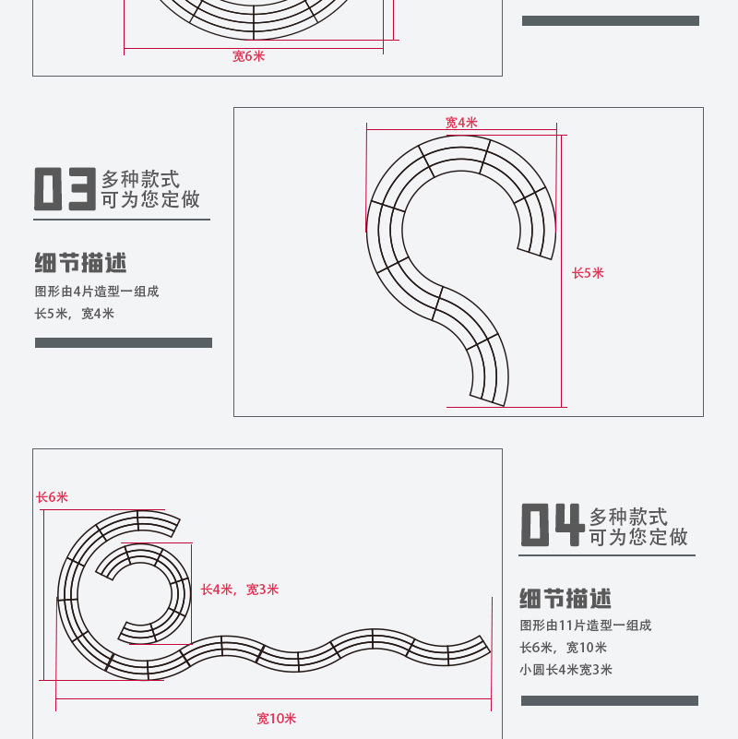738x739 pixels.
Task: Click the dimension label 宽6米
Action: pos(248,56)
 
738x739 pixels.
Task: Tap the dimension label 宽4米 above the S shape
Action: pos(461,123)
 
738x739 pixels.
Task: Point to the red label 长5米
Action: pos(588,273)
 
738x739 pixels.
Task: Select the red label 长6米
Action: pos(53,497)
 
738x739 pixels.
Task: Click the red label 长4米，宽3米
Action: pos(240,590)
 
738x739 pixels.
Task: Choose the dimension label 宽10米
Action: pos(276,719)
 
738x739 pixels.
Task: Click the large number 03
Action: pos(65,188)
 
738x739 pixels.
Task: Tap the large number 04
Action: pos(553,525)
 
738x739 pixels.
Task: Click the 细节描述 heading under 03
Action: pos(80,263)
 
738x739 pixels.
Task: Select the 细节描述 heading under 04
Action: pos(565,599)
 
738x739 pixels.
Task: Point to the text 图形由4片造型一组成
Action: pos(97,292)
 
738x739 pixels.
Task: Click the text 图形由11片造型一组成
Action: pos(585,626)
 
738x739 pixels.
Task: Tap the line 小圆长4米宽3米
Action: pos(566,670)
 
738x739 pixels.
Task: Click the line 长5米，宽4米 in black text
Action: pos(75,314)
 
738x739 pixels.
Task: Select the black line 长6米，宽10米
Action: pos(563,648)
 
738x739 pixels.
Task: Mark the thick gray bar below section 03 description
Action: pos(124,342)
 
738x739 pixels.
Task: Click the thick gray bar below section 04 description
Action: pos(610,701)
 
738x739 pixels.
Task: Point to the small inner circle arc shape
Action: pos(182,594)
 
